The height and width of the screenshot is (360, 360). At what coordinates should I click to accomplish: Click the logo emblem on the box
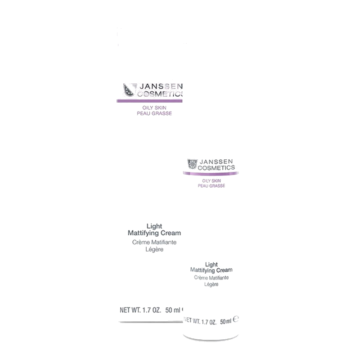click(x=130, y=90)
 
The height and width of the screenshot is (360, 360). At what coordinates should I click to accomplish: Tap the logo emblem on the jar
click(x=192, y=164)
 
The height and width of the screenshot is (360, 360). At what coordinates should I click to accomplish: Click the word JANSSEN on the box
click(x=161, y=86)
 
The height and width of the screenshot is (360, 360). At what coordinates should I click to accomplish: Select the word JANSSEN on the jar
click(x=216, y=162)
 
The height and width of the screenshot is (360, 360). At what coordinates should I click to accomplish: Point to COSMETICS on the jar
click(x=216, y=168)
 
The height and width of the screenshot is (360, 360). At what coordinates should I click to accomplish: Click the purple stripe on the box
click(x=149, y=101)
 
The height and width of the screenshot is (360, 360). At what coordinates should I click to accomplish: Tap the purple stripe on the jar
click(x=211, y=174)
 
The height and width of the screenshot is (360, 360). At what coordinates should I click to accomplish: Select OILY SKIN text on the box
click(x=154, y=108)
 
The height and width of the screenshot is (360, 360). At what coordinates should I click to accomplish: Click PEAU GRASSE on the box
click(x=154, y=113)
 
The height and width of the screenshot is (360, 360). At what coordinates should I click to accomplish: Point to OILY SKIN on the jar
click(x=211, y=181)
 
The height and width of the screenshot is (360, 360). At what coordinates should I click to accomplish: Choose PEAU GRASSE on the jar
click(x=211, y=186)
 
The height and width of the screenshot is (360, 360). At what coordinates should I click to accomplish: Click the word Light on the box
click(x=154, y=226)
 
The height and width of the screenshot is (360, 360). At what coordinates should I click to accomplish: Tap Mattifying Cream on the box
click(x=154, y=233)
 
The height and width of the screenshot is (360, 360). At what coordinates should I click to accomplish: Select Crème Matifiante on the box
click(x=154, y=242)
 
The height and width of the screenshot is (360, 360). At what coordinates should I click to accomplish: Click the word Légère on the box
click(x=154, y=250)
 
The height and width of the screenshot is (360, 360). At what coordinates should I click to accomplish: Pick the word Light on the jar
click(x=211, y=265)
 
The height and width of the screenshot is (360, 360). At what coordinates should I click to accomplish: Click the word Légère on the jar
click(x=211, y=284)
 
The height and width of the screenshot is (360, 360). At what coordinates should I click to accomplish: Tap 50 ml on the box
click(x=173, y=310)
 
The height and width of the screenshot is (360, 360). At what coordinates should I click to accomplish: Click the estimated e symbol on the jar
click(x=236, y=319)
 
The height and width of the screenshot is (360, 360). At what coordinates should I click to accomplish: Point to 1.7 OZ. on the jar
click(x=209, y=322)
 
